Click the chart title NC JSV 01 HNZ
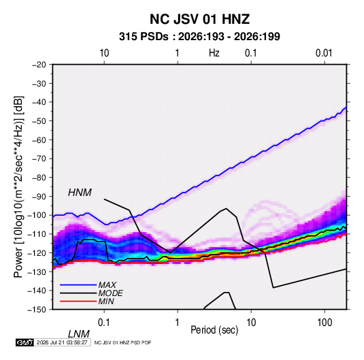point(199,19)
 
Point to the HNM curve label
point(80,193)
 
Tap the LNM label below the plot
point(79,334)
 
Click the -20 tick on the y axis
point(39,65)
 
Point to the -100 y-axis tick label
point(37,215)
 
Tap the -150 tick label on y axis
point(37,310)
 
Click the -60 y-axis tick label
point(39,140)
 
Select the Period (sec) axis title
point(214,330)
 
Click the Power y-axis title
point(18,187)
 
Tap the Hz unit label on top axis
point(214,53)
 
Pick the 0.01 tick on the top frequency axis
point(324,53)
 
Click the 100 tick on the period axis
point(325,322)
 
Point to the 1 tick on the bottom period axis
point(177,322)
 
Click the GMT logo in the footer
point(24,342)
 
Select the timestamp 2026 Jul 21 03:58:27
point(62,342)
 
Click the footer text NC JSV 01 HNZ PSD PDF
point(122,342)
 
